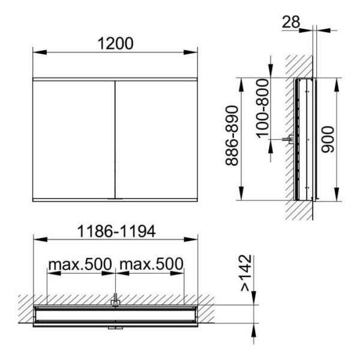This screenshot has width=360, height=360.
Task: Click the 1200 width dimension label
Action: [115, 43]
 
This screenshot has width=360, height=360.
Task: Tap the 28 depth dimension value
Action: [290, 22]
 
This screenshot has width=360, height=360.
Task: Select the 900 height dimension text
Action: [328, 139]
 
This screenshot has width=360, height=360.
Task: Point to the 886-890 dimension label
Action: [232, 136]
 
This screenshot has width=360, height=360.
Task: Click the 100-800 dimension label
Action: [262, 109]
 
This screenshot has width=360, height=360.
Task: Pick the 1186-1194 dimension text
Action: [116, 231]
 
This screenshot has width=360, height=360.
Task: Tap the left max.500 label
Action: [80, 264]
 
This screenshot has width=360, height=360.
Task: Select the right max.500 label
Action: [152, 264]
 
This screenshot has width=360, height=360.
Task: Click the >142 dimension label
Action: [246, 273]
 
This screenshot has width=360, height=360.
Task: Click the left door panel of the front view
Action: [73, 140]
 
